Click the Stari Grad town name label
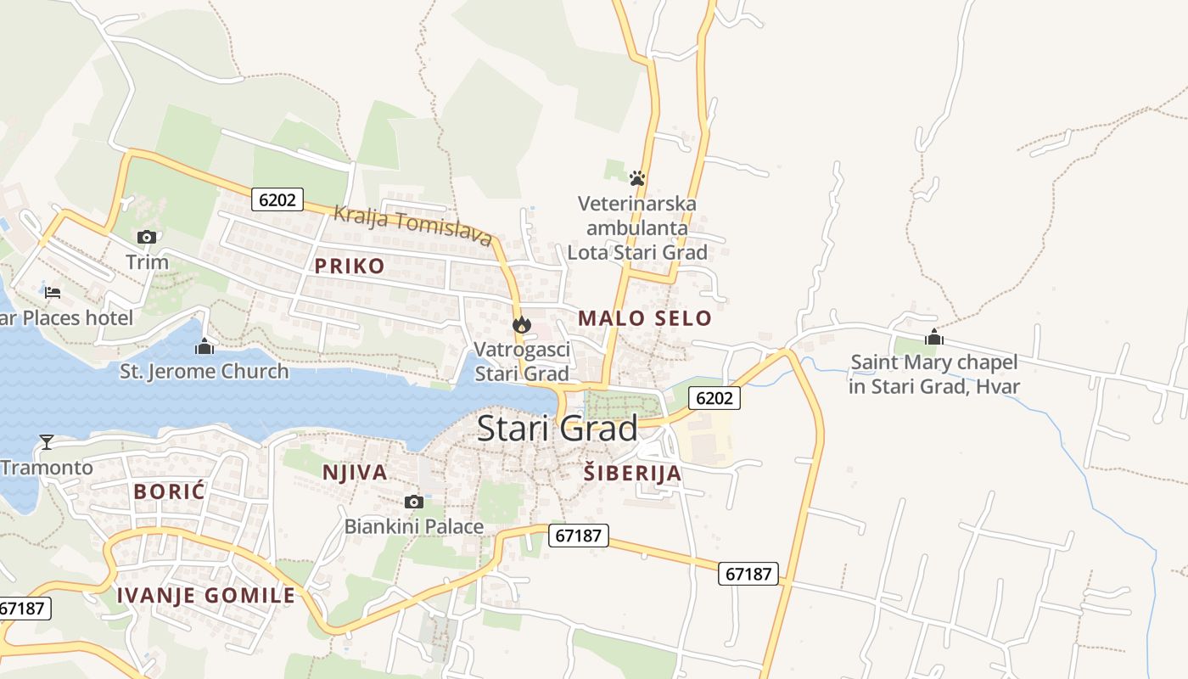[x=557, y=429]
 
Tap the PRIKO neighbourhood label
[x=350, y=266]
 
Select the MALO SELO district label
[x=645, y=318]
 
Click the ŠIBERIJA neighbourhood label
[x=633, y=474]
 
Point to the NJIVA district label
[x=355, y=473]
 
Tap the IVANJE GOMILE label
[x=206, y=595]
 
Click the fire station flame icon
[x=521, y=324]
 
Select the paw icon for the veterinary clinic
[x=637, y=178]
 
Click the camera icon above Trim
[x=147, y=237]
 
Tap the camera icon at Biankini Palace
[x=414, y=502]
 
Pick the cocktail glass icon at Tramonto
[x=47, y=441]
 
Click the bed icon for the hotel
[x=53, y=293]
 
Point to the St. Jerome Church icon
[x=204, y=346]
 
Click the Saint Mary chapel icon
[x=934, y=337]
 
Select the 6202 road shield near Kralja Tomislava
[x=277, y=199]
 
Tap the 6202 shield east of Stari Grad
[x=714, y=397]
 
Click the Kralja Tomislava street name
[x=412, y=226]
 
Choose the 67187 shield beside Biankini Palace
[x=578, y=536]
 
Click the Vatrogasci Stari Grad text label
[x=521, y=362]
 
